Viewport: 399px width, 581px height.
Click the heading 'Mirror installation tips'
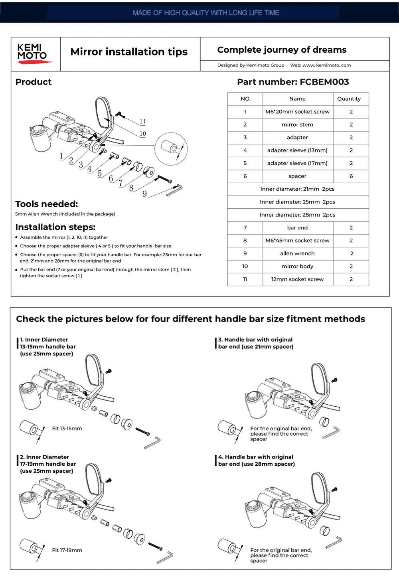[x=129, y=52]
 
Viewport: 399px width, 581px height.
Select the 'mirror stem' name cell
[x=297, y=125]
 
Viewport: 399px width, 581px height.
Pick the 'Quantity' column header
[x=349, y=99]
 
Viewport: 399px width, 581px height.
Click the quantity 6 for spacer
[x=351, y=176]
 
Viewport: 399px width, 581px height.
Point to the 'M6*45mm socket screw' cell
[x=297, y=241]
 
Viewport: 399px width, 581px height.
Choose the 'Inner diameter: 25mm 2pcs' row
[x=297, y=202]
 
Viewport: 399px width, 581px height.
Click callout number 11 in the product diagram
[x=143, y=121]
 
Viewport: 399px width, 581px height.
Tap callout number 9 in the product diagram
[x=144, y=194]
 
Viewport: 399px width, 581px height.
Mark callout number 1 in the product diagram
[x=61, y=156]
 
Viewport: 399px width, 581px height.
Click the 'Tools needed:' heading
[x=47, y=204]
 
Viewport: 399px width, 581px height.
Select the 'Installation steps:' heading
[x=55, y=227]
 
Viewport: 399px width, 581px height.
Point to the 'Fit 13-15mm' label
[x=67, y=429]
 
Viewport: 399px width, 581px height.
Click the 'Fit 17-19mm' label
[x=67, y=550]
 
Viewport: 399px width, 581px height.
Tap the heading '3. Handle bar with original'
[x=255, y=340]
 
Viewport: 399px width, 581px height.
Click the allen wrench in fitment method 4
[x=334, y=543]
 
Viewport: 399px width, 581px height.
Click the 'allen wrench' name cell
[x=297, y=253]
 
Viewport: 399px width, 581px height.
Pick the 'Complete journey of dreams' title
[x=282, y=50]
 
